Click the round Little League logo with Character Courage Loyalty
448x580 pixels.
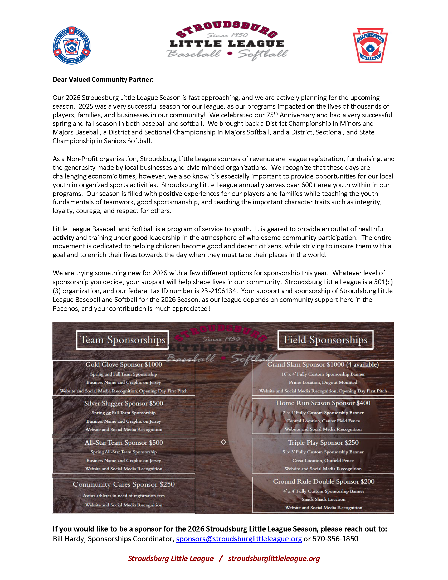click(72, 45)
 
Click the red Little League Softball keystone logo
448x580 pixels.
click(370, 46)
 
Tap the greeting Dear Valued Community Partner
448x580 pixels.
click(103, 80)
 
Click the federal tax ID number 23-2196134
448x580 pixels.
click(218, 291)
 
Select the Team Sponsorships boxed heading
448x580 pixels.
click(122, 340)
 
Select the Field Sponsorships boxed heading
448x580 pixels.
click(325, 340)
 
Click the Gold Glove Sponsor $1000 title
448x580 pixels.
click(124, 365)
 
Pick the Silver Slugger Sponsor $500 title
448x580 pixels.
click(124, 403)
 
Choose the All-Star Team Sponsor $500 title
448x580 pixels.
click(124, 443)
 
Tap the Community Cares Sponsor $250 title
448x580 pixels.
click(124, 484)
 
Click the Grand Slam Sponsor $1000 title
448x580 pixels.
click(323, 365)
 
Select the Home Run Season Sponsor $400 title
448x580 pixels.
click(323, 403)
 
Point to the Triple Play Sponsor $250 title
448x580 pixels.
click(323, 443)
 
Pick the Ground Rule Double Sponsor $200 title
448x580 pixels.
click(324, 481)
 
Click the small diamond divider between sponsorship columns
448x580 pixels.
click(223, 442)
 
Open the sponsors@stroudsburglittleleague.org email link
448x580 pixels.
click(239, 539)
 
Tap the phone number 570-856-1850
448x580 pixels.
click(335, 539)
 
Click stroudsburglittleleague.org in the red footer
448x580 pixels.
click(274, 558)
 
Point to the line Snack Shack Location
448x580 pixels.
click(324, 499)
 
